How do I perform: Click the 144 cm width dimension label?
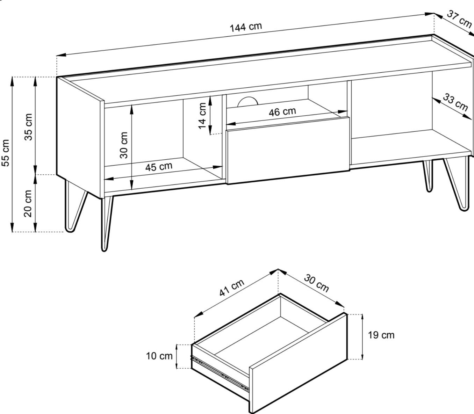pyautogui.click(x=245, y=27)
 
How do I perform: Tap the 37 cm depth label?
pyautogui.click(x=459, y=19)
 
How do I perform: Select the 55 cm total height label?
pyautogui.click(x=6, y=153)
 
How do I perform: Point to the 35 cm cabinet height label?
pyautogui.click(x=29, y=126)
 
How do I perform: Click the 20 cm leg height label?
pyautogui.click(x=29, y=203)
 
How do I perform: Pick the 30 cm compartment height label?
pyautogui.click(x=124, y=145)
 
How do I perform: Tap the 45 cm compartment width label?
pyautogui.click(x=159, y=167)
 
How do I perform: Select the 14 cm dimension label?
pyautogui.click(x=203, y=116)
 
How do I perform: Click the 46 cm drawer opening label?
pyautogui.click(x=282, y=112)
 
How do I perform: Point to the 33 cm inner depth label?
pyautogui.click(x=455, y=102)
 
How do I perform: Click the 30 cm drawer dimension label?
pyautogui.click(x=316, y=283)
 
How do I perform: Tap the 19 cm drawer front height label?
pyautogui.click(x=381, y=335)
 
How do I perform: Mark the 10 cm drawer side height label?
pyautogui.click(x=159, y=356)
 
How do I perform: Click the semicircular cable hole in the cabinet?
pyautogui.click(x=247, y=102)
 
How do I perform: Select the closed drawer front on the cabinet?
pyautogui.click(x=288, y=150)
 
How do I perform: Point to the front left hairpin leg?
pyautogui.click(x=106, y=224)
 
